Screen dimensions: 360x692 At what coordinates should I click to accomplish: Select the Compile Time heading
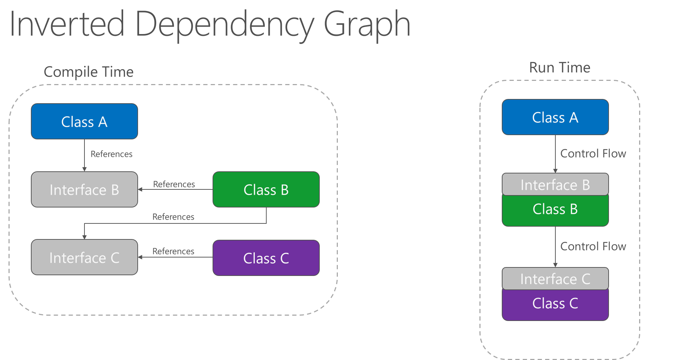pyautogui.click(x=88, y=72)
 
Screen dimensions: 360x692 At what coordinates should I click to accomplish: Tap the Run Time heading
pyautogui.click(x=560, y=68)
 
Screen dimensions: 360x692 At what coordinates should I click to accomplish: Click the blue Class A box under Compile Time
pyautogui.click(x=84, y=122)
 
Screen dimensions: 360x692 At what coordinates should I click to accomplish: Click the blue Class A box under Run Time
pyautogui.click(x=555, y=117)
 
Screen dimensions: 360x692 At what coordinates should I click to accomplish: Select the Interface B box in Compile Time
pyautogui.click(x=84, y=190)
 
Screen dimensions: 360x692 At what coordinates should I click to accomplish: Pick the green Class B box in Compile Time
pyautogui.click(x=266, y=190)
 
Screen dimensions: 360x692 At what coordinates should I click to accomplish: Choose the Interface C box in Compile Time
pyautogui.click(x=84, y=257)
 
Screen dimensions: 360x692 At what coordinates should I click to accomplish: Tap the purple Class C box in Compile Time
pyautogui.click(x=266, y=258)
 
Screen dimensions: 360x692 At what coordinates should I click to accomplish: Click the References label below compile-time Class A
pyautogui.click(x=111, y=154)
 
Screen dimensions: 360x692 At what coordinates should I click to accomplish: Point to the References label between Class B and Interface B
pyautogui.click(x=174, y=184)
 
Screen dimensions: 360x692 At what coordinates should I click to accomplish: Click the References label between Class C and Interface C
pyautogui.click(x=173, y=251)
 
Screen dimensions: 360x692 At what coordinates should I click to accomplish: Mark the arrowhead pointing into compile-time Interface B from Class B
pyautogui.click(x=140, y=189)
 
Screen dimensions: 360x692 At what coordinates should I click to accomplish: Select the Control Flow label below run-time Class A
pyautogui.click(x=593, y=154)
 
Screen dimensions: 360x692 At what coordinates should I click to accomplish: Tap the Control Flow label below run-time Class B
pyautogui.click(x=593, y=247)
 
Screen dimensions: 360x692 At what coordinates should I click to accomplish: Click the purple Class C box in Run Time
pyautogui.click(x=555, y=305)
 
